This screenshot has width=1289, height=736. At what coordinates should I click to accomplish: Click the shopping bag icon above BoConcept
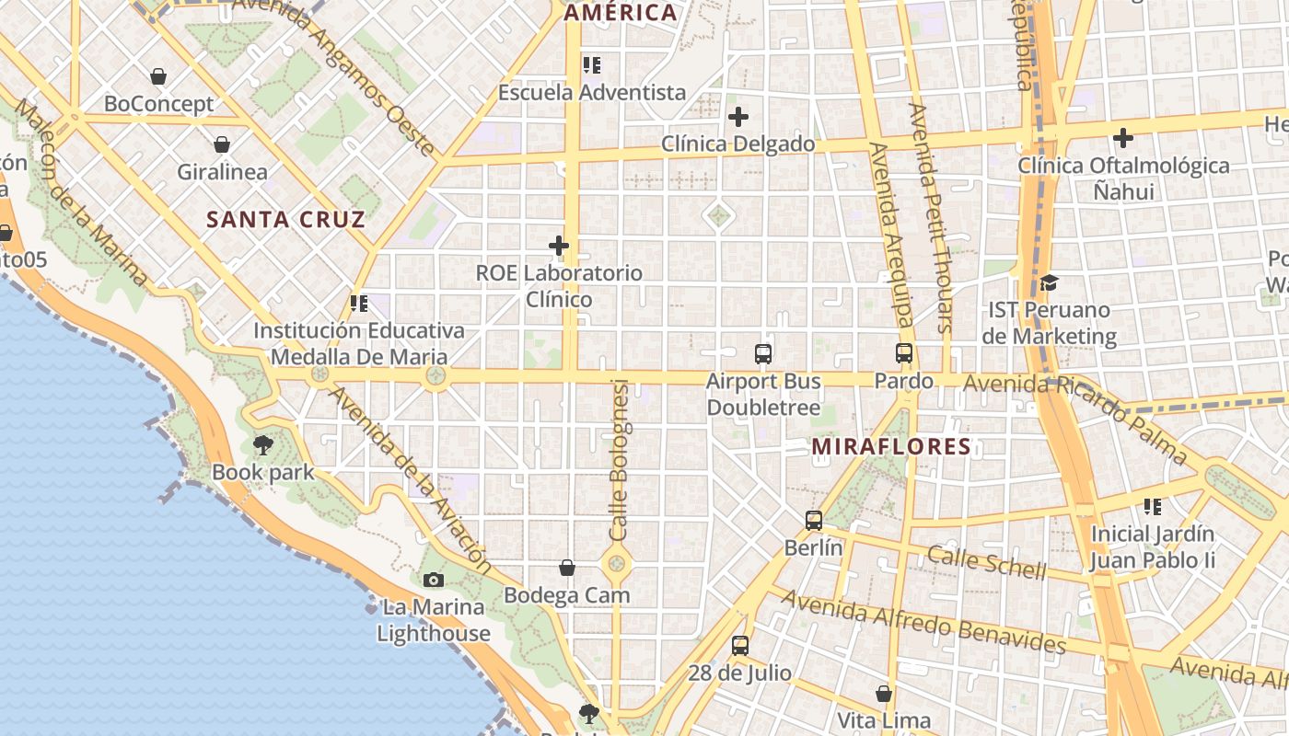[158, 76]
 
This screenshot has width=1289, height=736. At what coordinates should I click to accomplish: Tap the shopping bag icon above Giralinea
[222, 144]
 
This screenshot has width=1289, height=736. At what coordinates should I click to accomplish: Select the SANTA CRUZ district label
[285, 220]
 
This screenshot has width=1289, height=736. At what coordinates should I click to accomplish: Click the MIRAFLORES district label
[890, 447]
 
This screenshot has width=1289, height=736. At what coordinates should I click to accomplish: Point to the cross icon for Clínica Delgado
[737, 117]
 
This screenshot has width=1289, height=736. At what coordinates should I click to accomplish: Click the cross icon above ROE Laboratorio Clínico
[558, 246]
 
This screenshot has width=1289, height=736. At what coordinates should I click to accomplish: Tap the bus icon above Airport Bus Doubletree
[762, 354]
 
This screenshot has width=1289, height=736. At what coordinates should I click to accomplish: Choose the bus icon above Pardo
[903, 353]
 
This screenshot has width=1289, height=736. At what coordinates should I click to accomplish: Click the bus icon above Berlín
[813, 521]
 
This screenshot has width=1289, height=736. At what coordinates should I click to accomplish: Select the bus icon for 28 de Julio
[739, 646]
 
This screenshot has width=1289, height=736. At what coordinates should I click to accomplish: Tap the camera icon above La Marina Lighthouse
[433, 580]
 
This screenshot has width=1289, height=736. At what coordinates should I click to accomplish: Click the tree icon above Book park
[262, 445]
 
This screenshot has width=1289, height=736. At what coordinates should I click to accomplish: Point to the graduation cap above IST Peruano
[1049, 282]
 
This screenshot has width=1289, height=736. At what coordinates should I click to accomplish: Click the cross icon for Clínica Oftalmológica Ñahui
[1122, 139]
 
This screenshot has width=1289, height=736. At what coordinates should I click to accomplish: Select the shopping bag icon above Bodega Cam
[567, 569]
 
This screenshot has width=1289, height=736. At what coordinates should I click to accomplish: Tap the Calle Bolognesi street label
[620, 460]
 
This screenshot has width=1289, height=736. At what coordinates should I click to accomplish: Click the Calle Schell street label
[986, 562]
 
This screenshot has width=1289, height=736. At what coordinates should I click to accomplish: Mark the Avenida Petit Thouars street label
[930, 217]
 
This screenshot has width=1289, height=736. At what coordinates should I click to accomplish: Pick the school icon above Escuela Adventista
[591, 65]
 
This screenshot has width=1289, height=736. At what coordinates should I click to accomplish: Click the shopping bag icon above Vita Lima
[883, 694]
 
